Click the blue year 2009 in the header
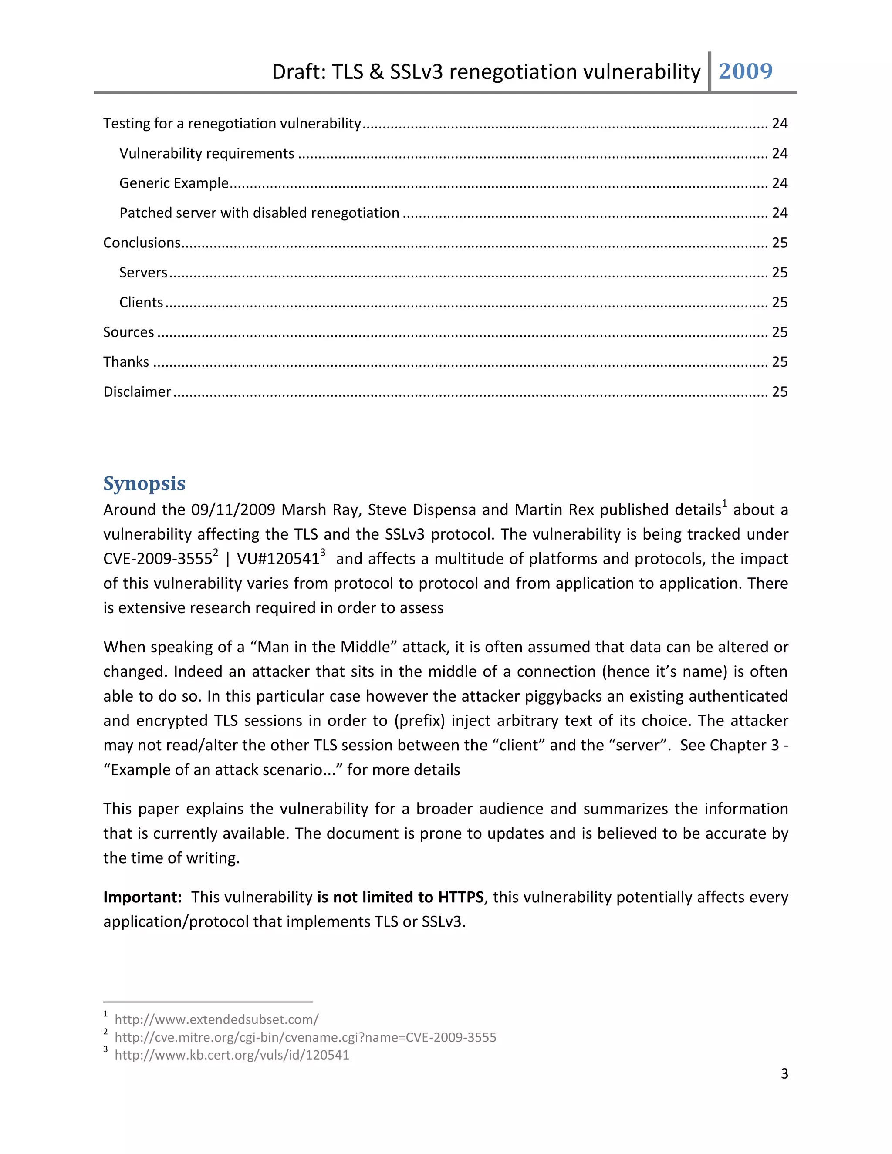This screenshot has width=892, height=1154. click(745, 71)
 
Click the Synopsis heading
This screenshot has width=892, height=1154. click(144, 483)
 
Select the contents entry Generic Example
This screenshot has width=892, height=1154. click(174, 183)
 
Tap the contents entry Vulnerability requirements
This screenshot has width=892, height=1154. click(206, 153)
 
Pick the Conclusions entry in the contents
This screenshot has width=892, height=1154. click(142, 243)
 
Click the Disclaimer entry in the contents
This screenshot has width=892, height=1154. click(137, 391)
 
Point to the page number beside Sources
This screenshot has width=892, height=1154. click(780, 332)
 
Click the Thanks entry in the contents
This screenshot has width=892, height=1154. click(126, 362)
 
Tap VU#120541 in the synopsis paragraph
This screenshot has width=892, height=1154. click(278, 559)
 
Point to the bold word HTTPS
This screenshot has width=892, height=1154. click(461, 897)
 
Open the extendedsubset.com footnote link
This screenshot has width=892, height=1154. click(216, 1019)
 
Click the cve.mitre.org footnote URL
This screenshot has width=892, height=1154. click(305, 1037)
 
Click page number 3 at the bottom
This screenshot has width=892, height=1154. click(784, 1074)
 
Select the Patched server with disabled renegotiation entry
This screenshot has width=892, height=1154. click(259, 213)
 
